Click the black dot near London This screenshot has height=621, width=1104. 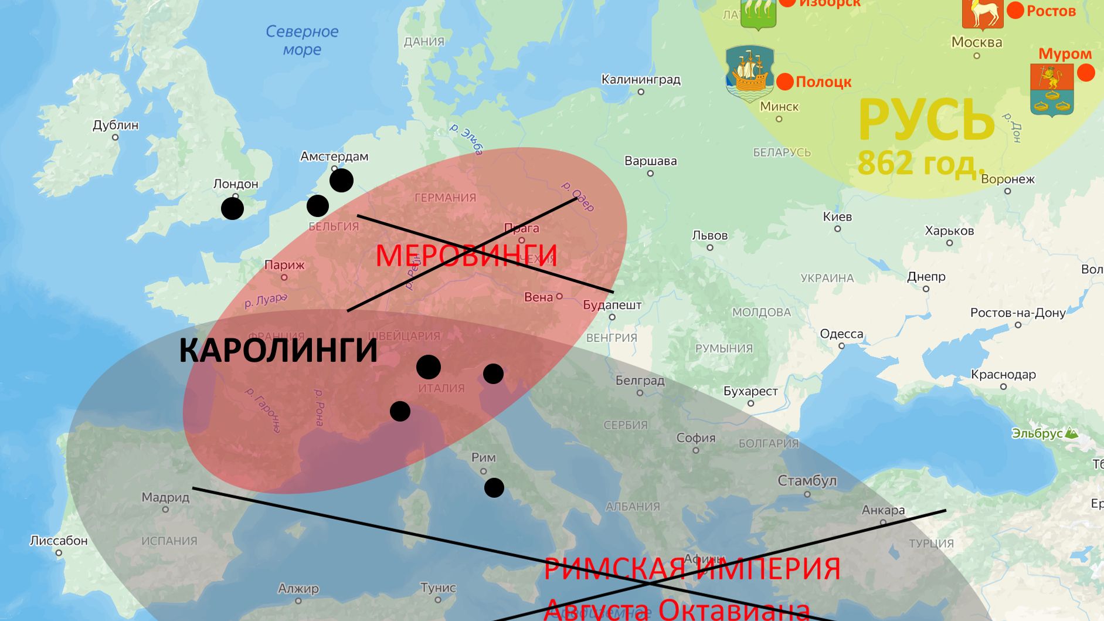[x=233, y=208]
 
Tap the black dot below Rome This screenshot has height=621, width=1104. [x=494, y=487]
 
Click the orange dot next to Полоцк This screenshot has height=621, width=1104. [x=785, y=82]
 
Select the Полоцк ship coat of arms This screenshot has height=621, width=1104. [x=750, y=73]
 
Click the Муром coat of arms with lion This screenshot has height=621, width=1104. [x=1052, y=89]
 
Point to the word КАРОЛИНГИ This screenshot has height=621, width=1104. [x=278, y=350]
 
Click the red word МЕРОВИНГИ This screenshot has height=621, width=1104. [x=466, y=255]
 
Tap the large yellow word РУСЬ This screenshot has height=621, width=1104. [x=926, y=120]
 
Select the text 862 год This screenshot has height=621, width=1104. [x=920, y=163]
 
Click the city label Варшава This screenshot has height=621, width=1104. [x=650, y=161]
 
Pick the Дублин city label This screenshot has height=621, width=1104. [x=116, y=125]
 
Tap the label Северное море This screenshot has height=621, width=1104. [x=302, y=40]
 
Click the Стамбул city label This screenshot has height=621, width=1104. [x=807, y=481]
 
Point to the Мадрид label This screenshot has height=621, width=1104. [x=165, y=497]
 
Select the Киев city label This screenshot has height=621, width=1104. [x=837, y=216]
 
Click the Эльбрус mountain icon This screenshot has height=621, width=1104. [x=1071, y=433]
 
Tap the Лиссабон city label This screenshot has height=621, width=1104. [x=59, y=540]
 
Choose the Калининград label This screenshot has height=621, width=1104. [x=641, y=79]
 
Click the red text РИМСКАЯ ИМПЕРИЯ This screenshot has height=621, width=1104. [x=692, y=569]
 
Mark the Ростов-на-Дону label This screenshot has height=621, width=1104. [x=1018, y=313]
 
